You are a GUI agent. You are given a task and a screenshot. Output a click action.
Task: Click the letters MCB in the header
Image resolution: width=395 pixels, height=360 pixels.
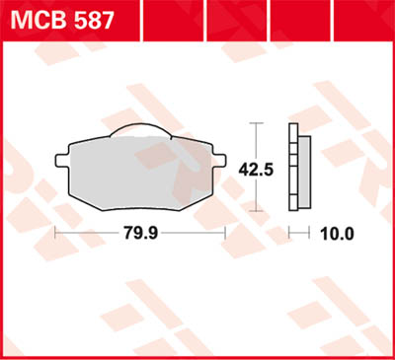tap(39, 19)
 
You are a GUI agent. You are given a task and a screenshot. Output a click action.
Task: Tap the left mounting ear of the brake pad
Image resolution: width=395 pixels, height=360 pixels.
tap(61, 158)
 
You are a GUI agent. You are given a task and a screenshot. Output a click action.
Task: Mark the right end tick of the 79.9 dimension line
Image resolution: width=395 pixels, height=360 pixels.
tap(227, 234)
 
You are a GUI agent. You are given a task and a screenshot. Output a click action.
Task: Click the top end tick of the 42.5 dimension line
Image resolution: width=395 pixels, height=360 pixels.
tap(256, 123)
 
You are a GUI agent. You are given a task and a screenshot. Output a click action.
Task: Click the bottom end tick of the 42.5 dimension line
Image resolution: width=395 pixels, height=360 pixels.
tap(256, 210)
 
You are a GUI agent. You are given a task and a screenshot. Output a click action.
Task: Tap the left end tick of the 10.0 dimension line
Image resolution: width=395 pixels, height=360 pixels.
tap(288, 234)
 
